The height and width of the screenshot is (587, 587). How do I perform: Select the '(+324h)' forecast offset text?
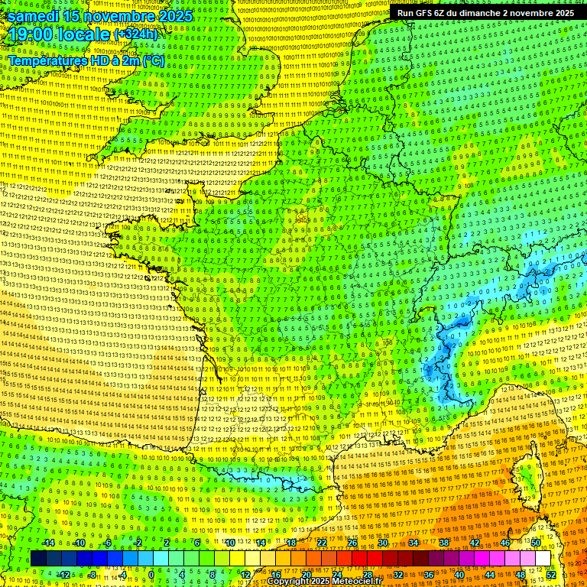point(136,34)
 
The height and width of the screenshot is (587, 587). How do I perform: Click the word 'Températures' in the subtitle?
point(47,60)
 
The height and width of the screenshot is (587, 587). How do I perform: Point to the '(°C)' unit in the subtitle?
point(154,60)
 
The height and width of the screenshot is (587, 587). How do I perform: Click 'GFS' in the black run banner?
point(426,13)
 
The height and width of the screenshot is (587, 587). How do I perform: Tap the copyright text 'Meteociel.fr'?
point(355,582)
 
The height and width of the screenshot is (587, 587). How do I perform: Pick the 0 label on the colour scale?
point(151,575)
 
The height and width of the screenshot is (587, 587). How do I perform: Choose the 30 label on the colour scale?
point(382,543)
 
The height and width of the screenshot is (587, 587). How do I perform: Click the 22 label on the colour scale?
point(322,543)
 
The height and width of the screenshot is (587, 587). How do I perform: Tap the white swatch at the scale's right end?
point(543,559)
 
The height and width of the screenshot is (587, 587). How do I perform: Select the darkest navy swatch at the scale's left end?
point(38,559)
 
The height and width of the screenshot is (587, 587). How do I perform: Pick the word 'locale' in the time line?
point(86,34)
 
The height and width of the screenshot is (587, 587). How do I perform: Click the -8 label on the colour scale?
point(92,575)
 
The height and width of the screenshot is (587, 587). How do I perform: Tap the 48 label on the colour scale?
point(521,575)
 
